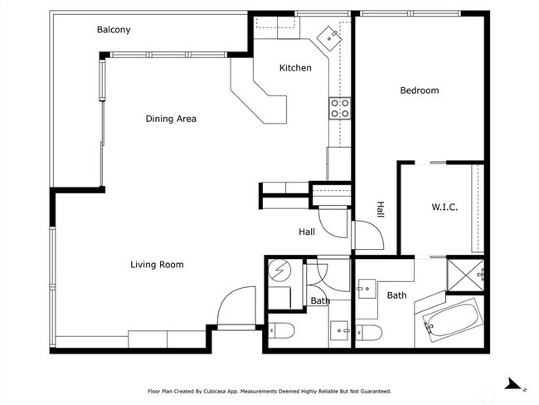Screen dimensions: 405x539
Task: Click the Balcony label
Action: coord(114,30)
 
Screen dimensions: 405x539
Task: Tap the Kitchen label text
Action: coord(295,68)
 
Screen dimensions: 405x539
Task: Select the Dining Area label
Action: coord(171,119)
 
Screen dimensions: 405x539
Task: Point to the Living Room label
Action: coord(157,265)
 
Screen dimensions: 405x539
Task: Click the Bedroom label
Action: coord(420,90)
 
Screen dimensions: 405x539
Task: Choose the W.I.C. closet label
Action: coord(444,207)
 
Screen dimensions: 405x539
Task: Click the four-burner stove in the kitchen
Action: coord(339,107)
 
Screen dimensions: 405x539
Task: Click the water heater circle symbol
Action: coord(279,270)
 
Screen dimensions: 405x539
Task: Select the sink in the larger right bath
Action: coord(366,290)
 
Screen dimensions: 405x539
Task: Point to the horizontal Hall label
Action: coord(307,232)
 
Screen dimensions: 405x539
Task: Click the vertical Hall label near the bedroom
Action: coord(381,209)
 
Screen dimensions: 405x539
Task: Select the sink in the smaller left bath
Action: coord(339,330)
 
